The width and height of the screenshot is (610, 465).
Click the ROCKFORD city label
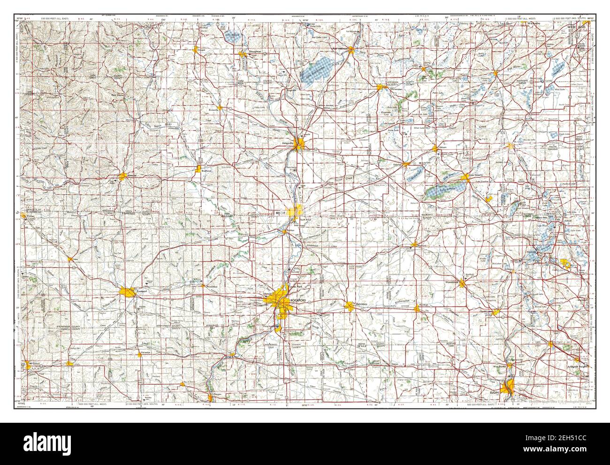tap(297, 300)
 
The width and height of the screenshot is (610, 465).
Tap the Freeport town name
tap(142, 291)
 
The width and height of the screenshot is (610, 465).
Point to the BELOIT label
tap(281, 212)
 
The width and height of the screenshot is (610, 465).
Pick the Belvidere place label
tap(360, 305)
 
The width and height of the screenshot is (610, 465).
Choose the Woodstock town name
tap(452, 282)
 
